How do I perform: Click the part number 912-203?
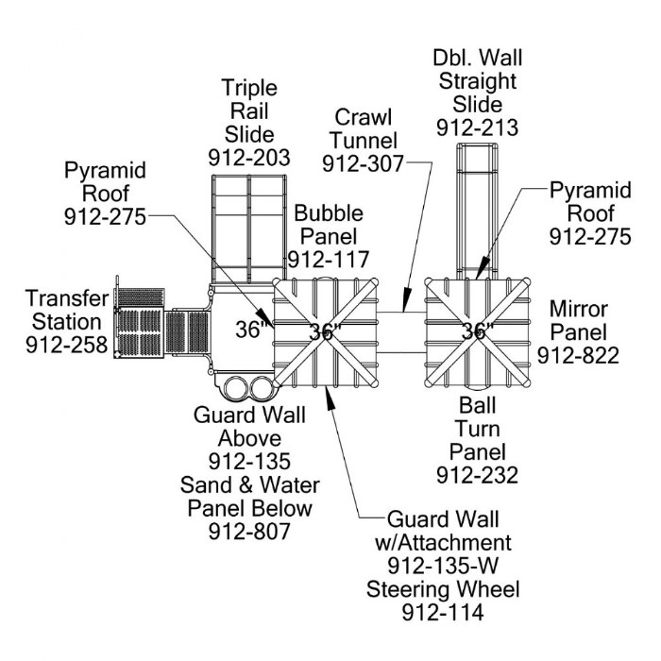(x=249, y=157)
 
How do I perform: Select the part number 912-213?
(x=477, y=127)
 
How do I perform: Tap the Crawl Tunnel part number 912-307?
(x=362, y=163)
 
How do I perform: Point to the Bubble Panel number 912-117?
(x=328, y=259)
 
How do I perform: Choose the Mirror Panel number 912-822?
(x=578, y=355)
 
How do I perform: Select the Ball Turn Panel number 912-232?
(x=477, y=475)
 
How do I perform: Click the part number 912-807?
(x=249, y=531)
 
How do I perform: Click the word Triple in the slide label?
(x=249, y=89)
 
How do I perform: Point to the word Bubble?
(x=328, y=213)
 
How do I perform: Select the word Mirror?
(x=578, y=310)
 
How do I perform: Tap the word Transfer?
(x=67, y=299)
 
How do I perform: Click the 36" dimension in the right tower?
(x=478, y=331)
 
